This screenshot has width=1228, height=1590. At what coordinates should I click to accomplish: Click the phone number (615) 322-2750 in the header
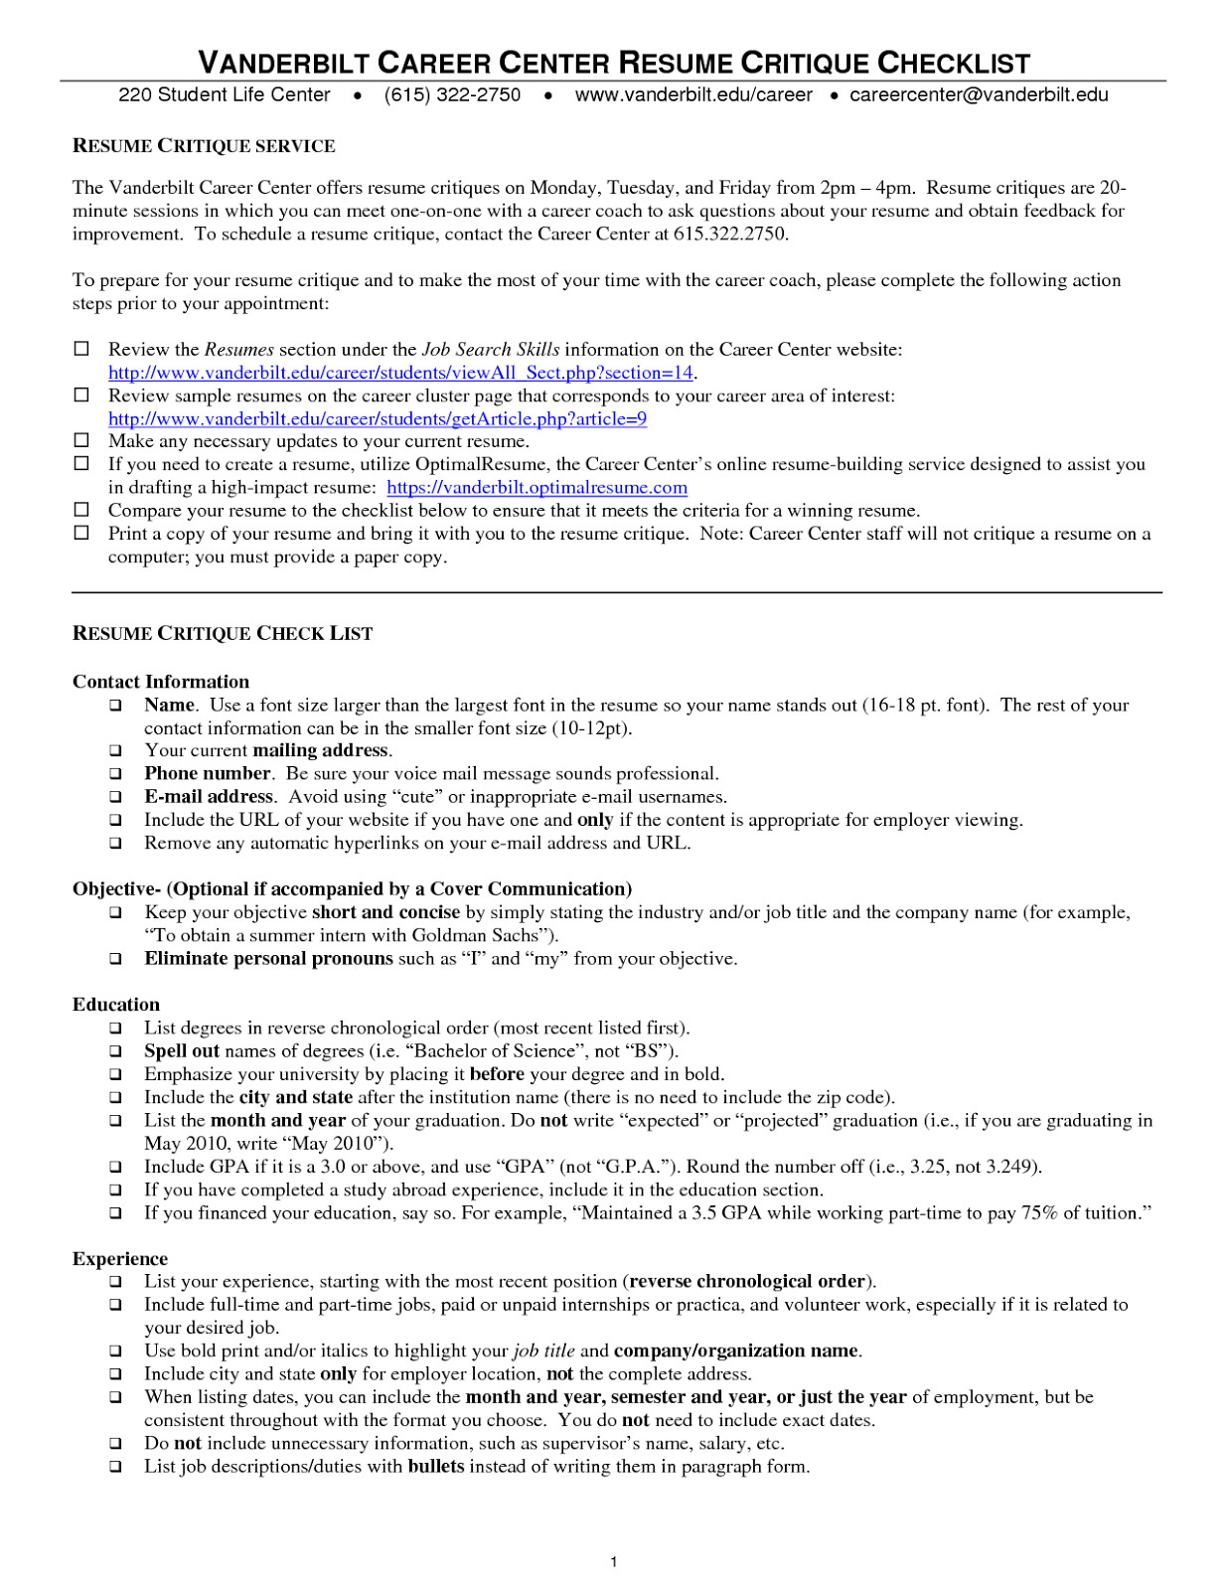click(452, 94)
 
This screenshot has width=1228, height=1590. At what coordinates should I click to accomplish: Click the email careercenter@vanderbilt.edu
click(978, 94)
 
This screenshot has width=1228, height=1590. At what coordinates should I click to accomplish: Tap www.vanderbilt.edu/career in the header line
click(692, 94)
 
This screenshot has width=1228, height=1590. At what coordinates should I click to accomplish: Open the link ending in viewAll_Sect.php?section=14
click(400, 373)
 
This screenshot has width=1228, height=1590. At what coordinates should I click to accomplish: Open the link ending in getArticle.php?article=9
click(378, 418)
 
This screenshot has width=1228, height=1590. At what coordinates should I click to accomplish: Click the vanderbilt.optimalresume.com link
click(537, 487)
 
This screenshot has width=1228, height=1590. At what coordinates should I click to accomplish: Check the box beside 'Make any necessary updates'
click(81, 439)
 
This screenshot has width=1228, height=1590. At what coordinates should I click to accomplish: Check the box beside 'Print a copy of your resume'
click(81, 532)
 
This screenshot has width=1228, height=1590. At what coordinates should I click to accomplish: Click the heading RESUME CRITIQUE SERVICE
click(204, 146)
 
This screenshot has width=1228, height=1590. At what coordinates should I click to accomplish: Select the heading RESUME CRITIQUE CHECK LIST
click(223, 634)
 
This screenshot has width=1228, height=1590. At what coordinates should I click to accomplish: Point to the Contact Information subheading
click(161, 682)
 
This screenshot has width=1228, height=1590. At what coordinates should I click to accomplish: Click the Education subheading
click(116, 1005)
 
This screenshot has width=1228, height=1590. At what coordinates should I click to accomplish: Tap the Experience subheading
click(120, 1259)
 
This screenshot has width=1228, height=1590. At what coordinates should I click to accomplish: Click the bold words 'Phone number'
click(208, 773)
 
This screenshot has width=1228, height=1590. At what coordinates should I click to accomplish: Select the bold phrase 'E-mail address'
click(209, 796)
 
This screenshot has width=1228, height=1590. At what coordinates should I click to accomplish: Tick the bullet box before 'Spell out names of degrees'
click(116, 1051)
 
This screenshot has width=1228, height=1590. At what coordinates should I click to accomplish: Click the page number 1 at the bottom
click(614, 1562)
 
